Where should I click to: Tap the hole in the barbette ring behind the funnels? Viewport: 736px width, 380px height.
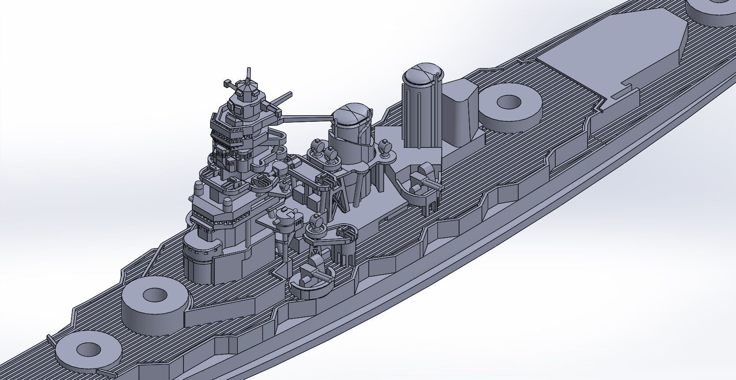click(509, 102)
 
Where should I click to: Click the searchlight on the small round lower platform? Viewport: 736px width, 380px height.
click(316, 222)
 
